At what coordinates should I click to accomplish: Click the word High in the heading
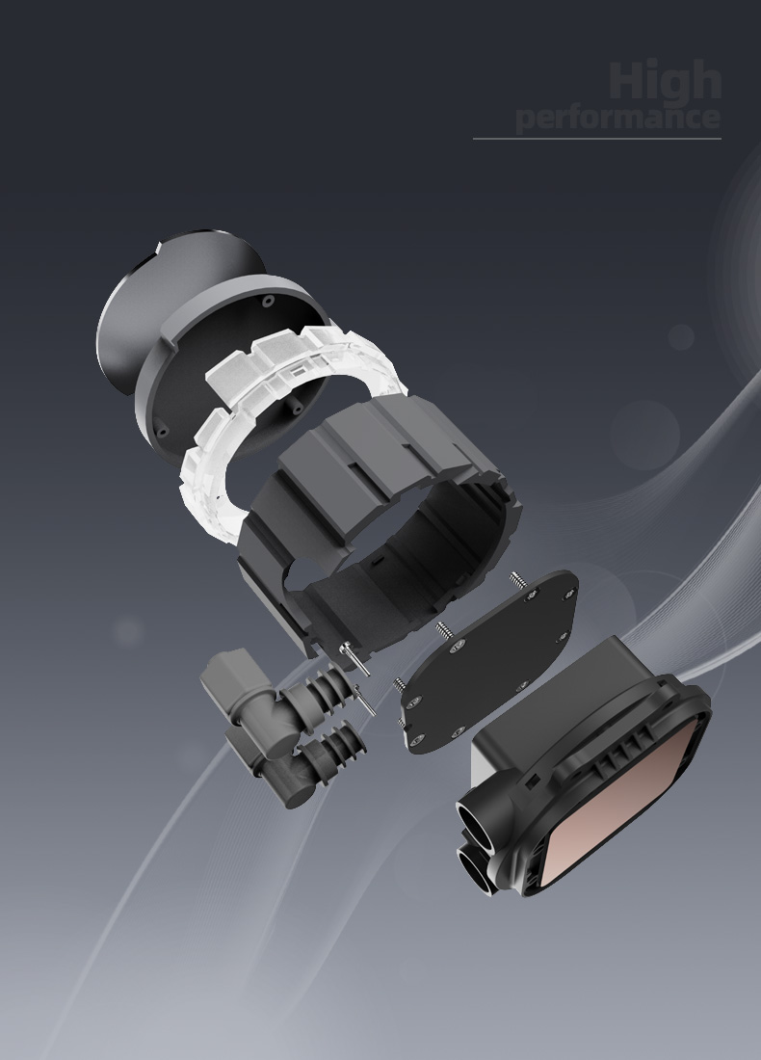(665, 81)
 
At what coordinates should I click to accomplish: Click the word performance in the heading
(617, 119)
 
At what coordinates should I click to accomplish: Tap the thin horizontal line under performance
(596, 139)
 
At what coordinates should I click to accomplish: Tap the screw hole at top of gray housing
(267, 301)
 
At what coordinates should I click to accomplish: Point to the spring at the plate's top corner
(517, 581)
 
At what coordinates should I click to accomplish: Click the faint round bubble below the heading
(681, 336)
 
